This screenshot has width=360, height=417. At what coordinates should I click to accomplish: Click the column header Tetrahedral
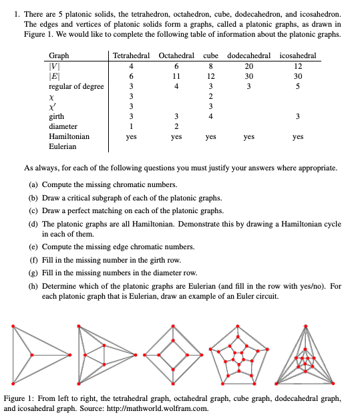click(x=132, y=55)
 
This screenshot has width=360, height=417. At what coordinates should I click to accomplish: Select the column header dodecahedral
click(x=249, y=55)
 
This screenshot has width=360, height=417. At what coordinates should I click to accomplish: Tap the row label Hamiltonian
click(x=70, y=136)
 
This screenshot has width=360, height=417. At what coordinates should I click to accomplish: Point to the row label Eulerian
click(x=65, y=146)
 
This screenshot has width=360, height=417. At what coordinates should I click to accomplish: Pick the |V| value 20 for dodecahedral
click(x=248, y=65)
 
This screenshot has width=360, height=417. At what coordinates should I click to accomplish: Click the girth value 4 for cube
click(x=210, y=116)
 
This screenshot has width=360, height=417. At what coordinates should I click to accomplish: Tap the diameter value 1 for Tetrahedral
click(x=132, y=126)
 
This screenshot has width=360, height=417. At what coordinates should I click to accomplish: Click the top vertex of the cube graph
click(x=174, y=325)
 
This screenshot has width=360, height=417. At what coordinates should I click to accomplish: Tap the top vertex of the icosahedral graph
click(x=306, y=325)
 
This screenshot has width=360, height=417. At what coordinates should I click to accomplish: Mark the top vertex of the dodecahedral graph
click(x=240, y=327)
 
